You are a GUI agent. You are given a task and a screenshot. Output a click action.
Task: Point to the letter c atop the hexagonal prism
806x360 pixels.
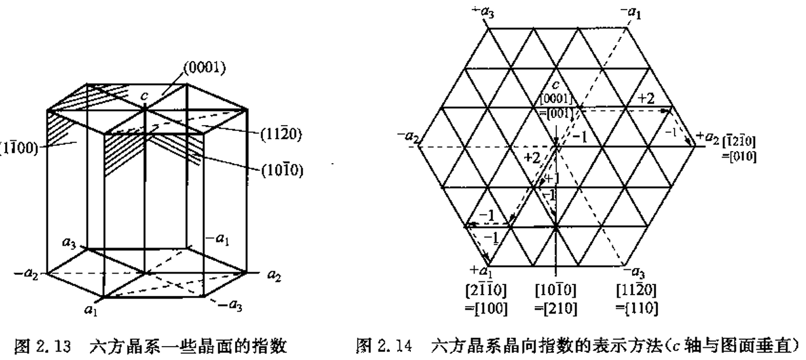pos(145,95)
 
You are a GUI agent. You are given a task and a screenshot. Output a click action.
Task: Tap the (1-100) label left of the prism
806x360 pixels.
pos(19,149)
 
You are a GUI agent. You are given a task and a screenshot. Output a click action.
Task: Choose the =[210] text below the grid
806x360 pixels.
pos(557,309)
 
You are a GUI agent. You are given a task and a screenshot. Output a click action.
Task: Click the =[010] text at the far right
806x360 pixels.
pos(739,156)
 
